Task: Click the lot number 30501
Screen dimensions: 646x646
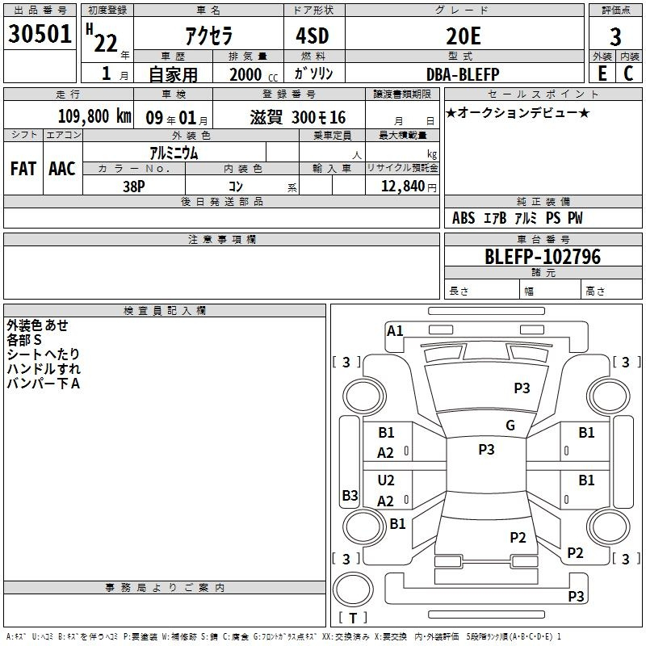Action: coord(40,34)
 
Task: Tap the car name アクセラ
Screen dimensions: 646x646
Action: coord(209,36)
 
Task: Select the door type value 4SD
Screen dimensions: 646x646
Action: coord(313,36)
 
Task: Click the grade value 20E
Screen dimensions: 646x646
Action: coord(464,36)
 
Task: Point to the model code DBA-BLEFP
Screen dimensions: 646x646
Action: coord(463,74)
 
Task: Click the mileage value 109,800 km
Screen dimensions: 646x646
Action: coord(94,116)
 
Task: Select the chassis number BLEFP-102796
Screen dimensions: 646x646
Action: coord(543,257)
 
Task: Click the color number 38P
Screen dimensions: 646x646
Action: coord(134,187)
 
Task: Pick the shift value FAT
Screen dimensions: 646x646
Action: coord(23,169)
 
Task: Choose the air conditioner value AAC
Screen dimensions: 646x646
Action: coord(62,169)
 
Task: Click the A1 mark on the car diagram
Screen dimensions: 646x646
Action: coord(395,331)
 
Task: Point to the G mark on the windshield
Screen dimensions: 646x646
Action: coord(510,426)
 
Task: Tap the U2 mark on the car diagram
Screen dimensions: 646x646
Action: coord(386,480)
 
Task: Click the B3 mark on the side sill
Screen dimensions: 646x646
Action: coord(350,495)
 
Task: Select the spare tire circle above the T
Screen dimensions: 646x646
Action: coord(353,589)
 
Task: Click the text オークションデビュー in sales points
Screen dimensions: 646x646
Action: coord(518,112)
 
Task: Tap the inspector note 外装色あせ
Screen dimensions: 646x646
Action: coord(37,325)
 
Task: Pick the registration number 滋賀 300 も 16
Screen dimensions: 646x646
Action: coord(298,117)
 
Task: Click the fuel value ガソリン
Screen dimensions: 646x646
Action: coord(313,73)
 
